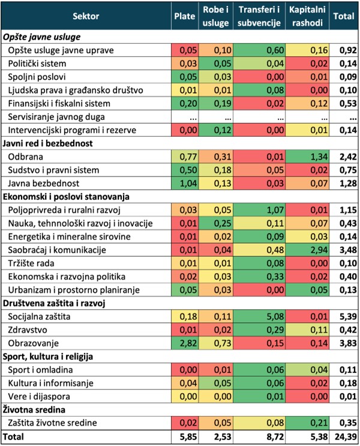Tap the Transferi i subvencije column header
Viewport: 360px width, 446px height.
[259, 17]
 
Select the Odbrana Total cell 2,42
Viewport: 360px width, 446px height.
[344, 157]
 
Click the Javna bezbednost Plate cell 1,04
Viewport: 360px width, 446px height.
[184, 183]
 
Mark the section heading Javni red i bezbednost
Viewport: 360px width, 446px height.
[45, 143]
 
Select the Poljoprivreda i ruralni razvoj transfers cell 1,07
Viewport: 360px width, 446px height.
[259, 209]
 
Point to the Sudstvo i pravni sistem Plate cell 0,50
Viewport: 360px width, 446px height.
[184, 170]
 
